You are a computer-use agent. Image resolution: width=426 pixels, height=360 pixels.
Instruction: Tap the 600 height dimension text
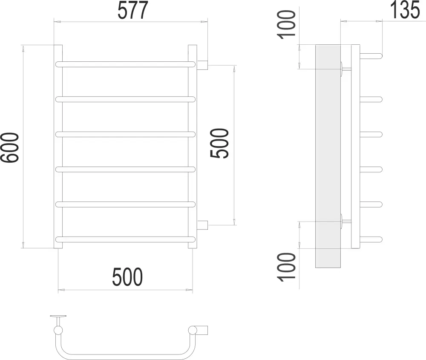coord(10,147)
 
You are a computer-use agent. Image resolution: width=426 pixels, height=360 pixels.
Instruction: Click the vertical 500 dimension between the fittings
coord(220,144)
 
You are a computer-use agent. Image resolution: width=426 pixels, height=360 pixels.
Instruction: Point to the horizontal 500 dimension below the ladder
coord(127,278)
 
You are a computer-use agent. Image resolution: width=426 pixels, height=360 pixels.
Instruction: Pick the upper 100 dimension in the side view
coord(288,24)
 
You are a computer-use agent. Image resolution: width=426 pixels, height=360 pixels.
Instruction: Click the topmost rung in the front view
coord(125,64)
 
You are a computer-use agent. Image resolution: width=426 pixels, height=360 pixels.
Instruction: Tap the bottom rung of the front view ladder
coord(125,239)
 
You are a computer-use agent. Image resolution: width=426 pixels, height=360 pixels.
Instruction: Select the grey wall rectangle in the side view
coord(328,156)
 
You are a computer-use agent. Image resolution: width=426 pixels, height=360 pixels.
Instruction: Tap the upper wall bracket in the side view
coord(345,69)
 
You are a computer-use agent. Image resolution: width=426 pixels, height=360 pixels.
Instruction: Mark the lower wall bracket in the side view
coord(345,221)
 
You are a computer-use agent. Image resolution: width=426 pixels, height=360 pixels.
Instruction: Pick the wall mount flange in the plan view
coord(58,317)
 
